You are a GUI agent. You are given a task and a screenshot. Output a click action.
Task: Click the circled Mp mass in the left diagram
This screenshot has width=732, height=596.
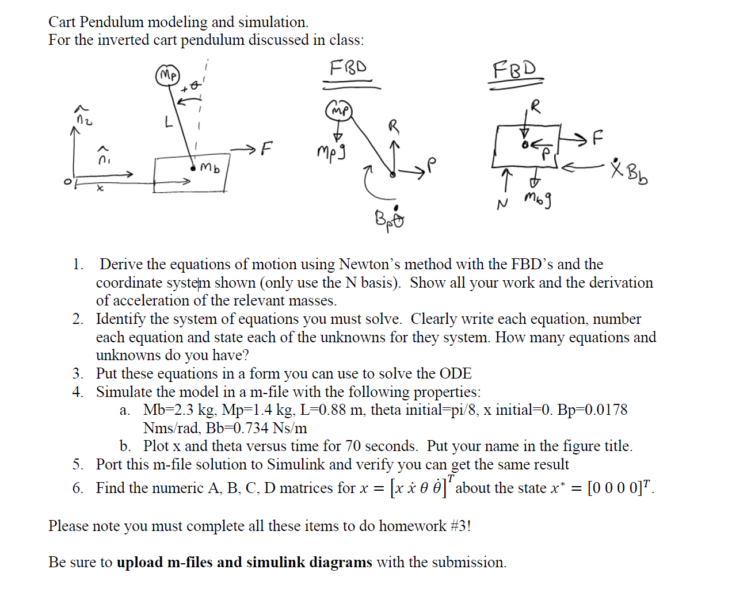(x=168, y=76)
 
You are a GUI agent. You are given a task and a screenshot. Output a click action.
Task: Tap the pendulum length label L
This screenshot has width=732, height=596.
(x=168, y=123)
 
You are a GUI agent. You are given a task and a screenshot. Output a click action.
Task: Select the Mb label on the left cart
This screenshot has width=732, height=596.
(x=210, y=169)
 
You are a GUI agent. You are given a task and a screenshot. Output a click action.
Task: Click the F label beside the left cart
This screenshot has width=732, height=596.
(x=265, y=150)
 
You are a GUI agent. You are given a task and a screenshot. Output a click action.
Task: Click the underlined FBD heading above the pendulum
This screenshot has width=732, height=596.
(x=348, y=68)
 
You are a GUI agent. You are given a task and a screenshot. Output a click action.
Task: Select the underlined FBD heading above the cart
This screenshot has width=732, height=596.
(x=514, y=70)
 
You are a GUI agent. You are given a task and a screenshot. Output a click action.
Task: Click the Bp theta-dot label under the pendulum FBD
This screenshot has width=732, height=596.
(x=390, y=217)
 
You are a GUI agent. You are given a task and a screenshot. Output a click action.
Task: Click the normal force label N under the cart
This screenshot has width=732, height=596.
(x=502, y=203)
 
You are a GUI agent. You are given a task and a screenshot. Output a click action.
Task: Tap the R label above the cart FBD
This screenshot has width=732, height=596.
(x=536, y=106)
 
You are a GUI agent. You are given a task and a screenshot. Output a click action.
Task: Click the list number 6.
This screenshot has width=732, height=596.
(x=78, y=488)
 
